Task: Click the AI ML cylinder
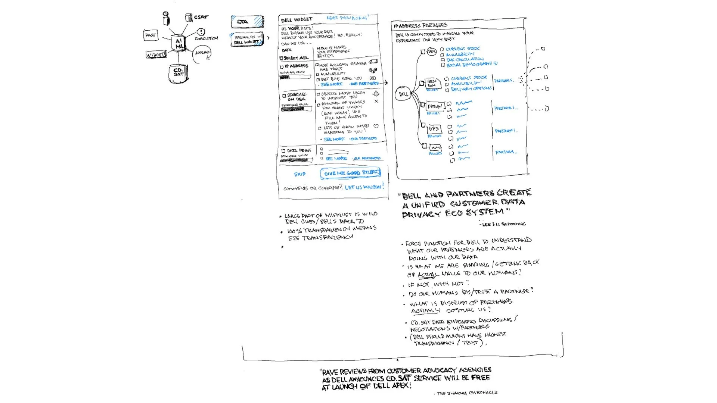[179, 43]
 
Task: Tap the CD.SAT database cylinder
[178, 73]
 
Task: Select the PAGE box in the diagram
[150, 35]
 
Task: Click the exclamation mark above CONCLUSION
[201, 32]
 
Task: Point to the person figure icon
[166, 18]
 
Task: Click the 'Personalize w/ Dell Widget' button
[247, 40]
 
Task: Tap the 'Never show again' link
[347, 18]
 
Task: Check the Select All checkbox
[281, 58]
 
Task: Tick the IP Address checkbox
[282, 67]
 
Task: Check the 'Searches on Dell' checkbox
[284, 96]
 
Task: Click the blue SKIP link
[299, 174]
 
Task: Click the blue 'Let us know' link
[363, 187]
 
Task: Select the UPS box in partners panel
[434, 129]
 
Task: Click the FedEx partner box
[435, 107]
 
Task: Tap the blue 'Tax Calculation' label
[465, 59]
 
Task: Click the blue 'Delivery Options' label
[471, 89]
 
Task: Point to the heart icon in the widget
[376, 126]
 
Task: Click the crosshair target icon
[376, 94]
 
